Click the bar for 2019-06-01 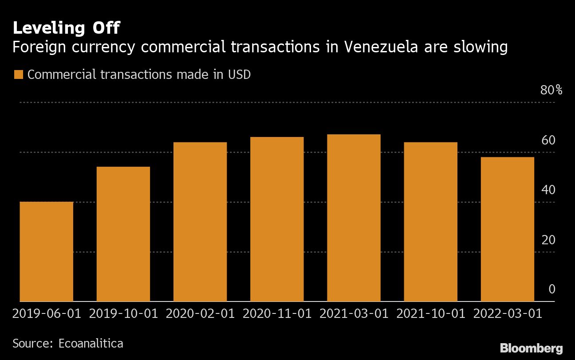click(46, 251)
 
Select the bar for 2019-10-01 click(123, 234)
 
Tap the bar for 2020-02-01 click(200, 222)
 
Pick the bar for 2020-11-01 click(277, 219)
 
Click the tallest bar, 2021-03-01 click(354, 218)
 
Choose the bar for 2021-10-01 click(431, 222)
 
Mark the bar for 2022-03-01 click(508, 229)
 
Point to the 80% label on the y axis click(551, 90)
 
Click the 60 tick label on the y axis click(548, 140)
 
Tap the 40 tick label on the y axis click(548, 190)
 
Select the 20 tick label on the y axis click(548, 240)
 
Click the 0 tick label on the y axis click(552, 290)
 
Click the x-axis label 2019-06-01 click(47, 314)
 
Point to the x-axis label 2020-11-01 click(277, 314)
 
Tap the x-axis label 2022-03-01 click(508, 314)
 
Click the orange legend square click(18, 74)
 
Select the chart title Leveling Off click(66, 28)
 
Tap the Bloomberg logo click(531, 348)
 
